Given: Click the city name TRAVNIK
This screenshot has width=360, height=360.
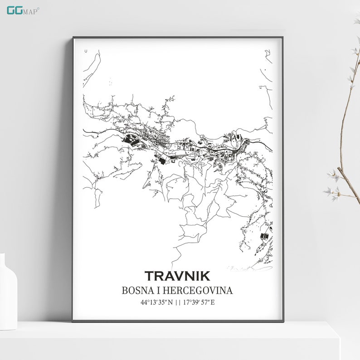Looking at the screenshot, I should pyautogui.click(x=177, y=276).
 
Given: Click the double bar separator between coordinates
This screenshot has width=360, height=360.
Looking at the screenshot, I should pyautogui.click(x=179, y=302).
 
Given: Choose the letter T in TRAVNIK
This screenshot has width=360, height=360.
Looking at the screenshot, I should pyautogui.click(x=150, y=276).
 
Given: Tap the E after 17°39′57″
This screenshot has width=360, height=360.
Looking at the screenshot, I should pyautogui.click(x=213, y=302).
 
